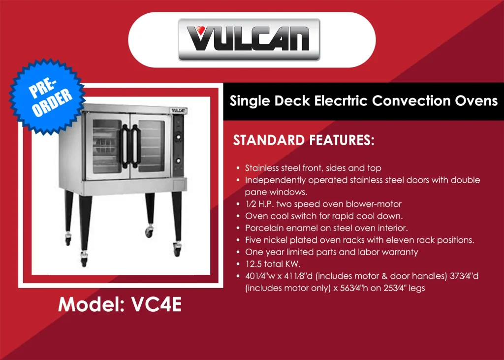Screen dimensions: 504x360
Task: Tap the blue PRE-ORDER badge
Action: (47, 96)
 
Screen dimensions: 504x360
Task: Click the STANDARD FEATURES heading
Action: (304, 140)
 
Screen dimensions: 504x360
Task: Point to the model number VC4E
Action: (157, 304)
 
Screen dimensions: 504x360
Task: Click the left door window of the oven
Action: (107, 146)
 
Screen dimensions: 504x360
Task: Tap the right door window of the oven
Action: (152, 146)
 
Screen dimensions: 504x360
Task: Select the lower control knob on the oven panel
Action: (178, 161)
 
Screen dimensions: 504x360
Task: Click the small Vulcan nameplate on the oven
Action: (178, 111)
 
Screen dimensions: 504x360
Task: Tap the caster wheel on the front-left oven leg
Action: (84, 260)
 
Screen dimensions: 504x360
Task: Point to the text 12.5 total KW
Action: (273, 264)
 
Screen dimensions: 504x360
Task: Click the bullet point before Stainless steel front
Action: (238, 168)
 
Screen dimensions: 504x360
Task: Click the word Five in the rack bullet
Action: (253, 240)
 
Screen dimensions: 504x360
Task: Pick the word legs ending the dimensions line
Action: (416, 288)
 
